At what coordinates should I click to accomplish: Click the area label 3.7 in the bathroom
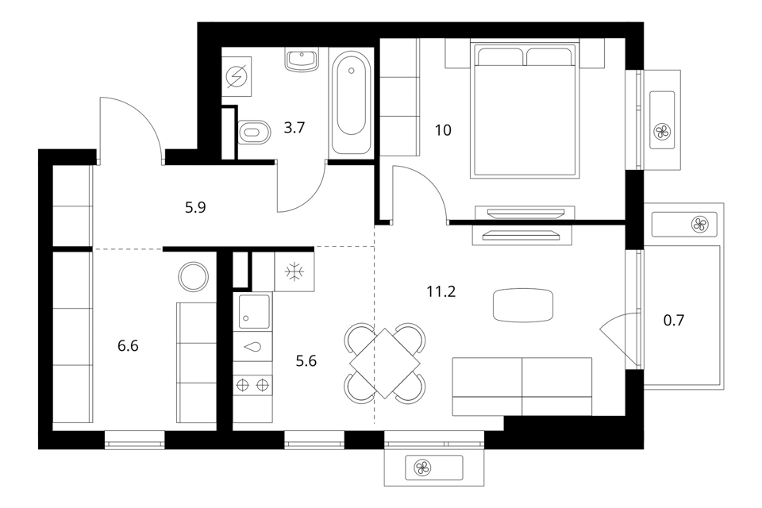(294, 128)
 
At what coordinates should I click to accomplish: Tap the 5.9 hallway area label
(195, 208)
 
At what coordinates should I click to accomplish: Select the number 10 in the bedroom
(443, 130)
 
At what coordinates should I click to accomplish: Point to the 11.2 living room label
(441, 291)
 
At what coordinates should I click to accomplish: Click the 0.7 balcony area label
(674, 321)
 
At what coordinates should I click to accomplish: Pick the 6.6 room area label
(128, 345)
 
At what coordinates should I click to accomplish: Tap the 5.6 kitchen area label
(306, 361)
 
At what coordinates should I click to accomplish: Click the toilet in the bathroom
(254, 132)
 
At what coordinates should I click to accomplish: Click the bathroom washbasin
(302, 60)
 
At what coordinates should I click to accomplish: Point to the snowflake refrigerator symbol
(294, 271)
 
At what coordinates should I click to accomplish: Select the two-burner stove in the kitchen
(252, 386)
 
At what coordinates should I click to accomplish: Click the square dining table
(384, 363)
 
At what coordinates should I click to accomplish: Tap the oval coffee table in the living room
(523, 306)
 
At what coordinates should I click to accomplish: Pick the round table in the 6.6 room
(194, 276)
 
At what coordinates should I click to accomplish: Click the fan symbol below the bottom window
(422, 468)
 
